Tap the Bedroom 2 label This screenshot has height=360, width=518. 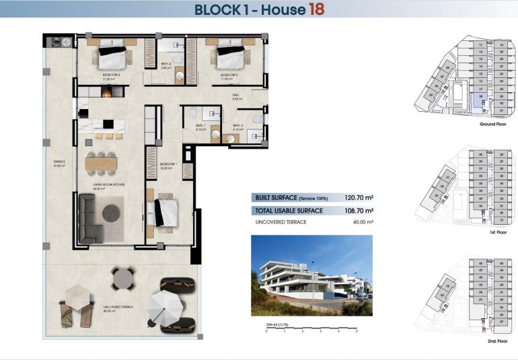[110, 75]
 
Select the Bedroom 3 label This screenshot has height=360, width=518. [231, 75]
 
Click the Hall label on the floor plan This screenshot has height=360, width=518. [237, 96]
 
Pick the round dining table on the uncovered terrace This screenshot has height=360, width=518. [122, 278]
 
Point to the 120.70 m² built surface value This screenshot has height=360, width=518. [360, 198]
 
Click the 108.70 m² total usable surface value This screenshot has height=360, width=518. [360, 211]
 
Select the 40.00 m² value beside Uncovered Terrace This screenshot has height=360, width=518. [361, 222]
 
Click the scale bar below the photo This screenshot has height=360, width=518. [311, 328]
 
